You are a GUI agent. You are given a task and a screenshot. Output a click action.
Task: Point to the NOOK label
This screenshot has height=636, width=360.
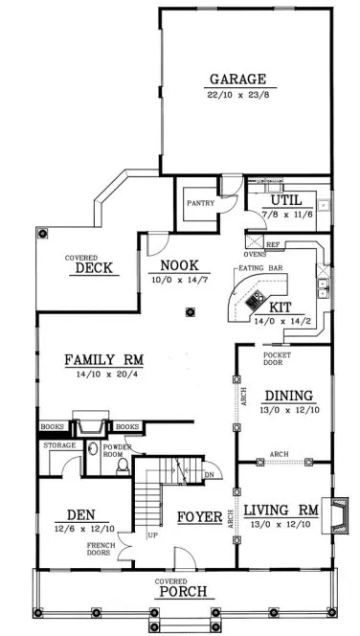pyautogui.click(x=179, y=265)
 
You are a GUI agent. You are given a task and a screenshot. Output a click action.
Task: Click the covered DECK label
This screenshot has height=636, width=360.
pyautogui.click(x=92, y=268)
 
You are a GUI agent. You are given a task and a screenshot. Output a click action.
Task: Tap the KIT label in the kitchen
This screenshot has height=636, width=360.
pyautogui.click(x=280, y=307)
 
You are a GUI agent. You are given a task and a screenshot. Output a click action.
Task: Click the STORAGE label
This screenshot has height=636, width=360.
pyautogui.click(x=58, y=445)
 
